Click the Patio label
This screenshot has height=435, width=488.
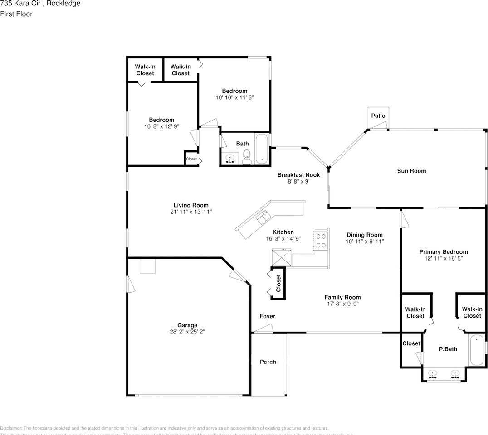pyautogui.click(x=378, y=116)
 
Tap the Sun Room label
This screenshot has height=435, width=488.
pyautogui.click(x=411, y=171)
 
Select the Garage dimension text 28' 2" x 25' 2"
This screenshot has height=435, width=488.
pyautogui.click(x=187, y=332)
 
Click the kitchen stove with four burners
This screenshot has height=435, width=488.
pyautogui.click(x=321, y=240)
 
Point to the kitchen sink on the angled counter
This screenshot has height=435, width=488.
pyautogui.click(x=263, y=218)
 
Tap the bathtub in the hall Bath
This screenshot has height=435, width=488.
pyautogui.click(x=262, y=149)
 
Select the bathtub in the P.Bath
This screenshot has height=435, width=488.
pyautogui.click(x=476, y=350)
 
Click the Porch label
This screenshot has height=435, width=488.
pyautogui.click(x=268, y=362)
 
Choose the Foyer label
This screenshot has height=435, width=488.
pyautogui.click(x=267, y=316)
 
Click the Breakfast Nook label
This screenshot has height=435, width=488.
pyautogui.click(x=298, y=175)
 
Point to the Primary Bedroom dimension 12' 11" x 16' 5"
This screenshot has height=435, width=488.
pyautogui.click(x=443, y=258)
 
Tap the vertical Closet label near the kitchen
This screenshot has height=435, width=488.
pyautogui.click(x=278, y=283)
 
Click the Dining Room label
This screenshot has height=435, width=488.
pyautogui.click(x=365, y=235)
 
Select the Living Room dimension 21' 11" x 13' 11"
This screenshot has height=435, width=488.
pyautogui.click(x=191, y=212)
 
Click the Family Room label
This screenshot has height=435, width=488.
pyautogui.click(x=342, y=297)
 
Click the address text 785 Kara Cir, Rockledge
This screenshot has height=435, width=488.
pyautogui.click(x=40, y=4)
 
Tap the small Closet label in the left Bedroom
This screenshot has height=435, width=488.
pyautogui.click(x=191, y=159)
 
